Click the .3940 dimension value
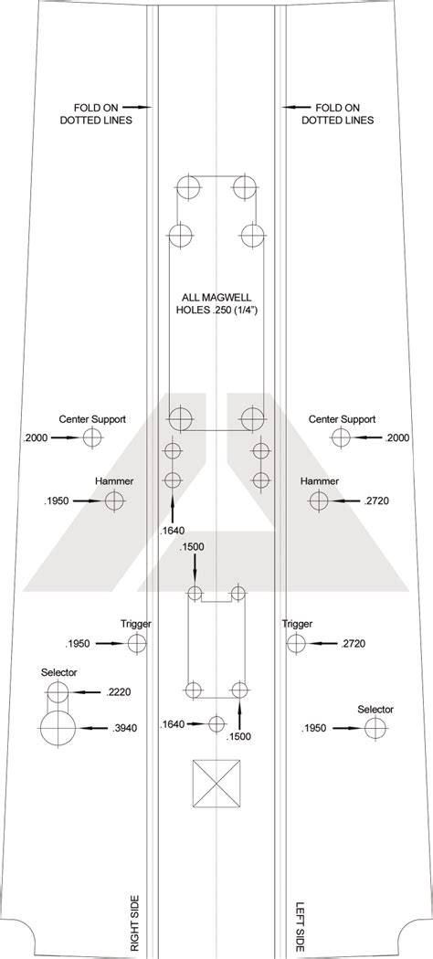pos(125,729)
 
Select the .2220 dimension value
pos(119,692)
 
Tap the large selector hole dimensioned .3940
pos(58,729)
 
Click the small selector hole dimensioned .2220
pos(58,693)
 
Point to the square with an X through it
pos(216,784)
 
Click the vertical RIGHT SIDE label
pos(135,922)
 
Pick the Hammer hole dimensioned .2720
pos(319,501)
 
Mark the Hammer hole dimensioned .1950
pos(114,501)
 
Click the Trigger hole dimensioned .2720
pos(296,643)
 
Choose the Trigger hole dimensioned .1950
pos(137,643)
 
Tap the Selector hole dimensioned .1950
pos(375,729)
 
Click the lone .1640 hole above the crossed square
pos(217,724)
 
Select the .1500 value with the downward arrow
pos(192,547)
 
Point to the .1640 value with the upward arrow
pos(173,531)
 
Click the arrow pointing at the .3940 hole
pos(93,729)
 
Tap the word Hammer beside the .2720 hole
pos(319,481)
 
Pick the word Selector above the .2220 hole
pos(59,672)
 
